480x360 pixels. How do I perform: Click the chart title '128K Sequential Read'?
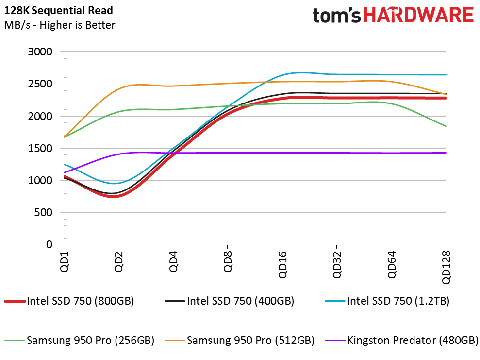point(58,10)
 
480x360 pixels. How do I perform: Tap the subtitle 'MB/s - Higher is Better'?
point(60,25)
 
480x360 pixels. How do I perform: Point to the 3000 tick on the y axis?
point(40,52)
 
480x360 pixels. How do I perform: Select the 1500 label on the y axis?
point(40,148)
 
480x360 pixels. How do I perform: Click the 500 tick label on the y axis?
point(43,213)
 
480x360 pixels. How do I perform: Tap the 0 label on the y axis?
point(50,245)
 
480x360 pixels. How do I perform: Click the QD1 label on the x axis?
point(64,261)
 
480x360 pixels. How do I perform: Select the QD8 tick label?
point(228,261)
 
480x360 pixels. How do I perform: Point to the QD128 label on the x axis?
point(446,268)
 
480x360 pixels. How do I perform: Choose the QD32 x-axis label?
point(337,265)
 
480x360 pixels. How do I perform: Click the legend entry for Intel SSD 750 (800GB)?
point(69,301)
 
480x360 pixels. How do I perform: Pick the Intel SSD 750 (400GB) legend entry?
point(229,301)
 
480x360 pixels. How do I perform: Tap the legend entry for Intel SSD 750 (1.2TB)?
point(387,301)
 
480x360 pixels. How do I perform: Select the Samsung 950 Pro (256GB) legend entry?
point(79,341)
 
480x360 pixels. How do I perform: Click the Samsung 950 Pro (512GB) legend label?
point(239,341)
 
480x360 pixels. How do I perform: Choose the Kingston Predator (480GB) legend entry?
point(402,341)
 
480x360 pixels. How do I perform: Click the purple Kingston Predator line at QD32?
point(337,153)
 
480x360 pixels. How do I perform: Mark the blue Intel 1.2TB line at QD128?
point(446,75)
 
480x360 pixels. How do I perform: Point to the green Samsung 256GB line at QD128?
point(446,126)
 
